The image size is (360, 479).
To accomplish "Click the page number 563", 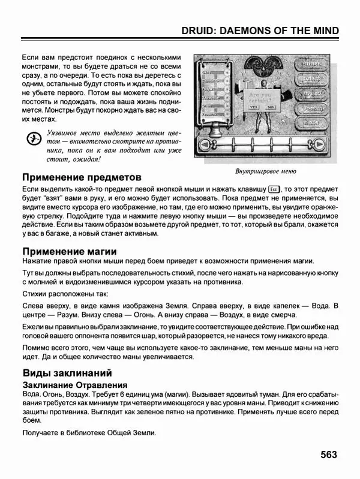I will tap(332, 454).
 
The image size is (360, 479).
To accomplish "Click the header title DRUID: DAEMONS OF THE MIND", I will tap(260, 31).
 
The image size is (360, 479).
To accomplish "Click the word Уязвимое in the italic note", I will tap(67, 131).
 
